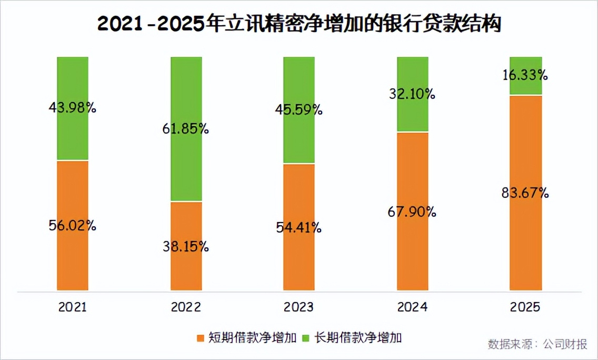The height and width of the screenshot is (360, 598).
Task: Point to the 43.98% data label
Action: click(x=73, y=108)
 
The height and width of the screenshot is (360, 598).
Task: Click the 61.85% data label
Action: click(x=186, y=128)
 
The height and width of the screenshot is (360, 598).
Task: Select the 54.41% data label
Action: click(x=299, y=228)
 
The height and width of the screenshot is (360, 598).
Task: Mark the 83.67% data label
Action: click(x=526, y=193)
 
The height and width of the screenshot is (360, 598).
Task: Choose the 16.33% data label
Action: click(x=526, y=75)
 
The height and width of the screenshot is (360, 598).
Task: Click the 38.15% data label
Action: click(x=186, y=246)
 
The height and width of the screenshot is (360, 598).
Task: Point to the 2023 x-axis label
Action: click(x=299, y=307)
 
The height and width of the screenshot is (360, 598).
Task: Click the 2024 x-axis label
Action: click(x=413, y=307)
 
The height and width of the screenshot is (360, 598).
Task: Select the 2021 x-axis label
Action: click(x=73, y=307)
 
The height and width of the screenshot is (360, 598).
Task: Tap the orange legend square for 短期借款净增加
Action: click(x=200, y=337)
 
